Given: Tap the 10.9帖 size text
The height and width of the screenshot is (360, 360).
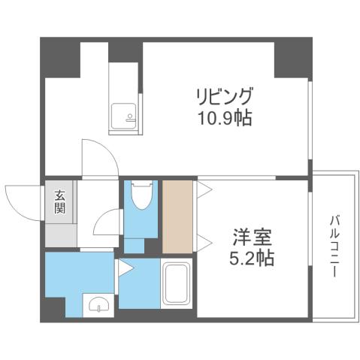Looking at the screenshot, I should point(224,118).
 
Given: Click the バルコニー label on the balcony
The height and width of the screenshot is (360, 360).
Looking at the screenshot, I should point(332,247).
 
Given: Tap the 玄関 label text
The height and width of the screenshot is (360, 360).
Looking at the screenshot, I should point(59,202).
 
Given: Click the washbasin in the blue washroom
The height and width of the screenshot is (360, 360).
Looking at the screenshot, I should point(98,304).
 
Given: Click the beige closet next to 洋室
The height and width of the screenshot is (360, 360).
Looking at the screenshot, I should point(177,216).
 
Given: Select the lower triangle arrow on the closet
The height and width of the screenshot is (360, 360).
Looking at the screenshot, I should point(202,242).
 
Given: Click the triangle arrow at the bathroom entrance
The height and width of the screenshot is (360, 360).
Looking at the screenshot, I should point(121,267).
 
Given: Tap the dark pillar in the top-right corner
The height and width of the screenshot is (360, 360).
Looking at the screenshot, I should point(292,56).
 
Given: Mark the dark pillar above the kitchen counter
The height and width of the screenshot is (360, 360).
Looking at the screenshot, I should point(125,49).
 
